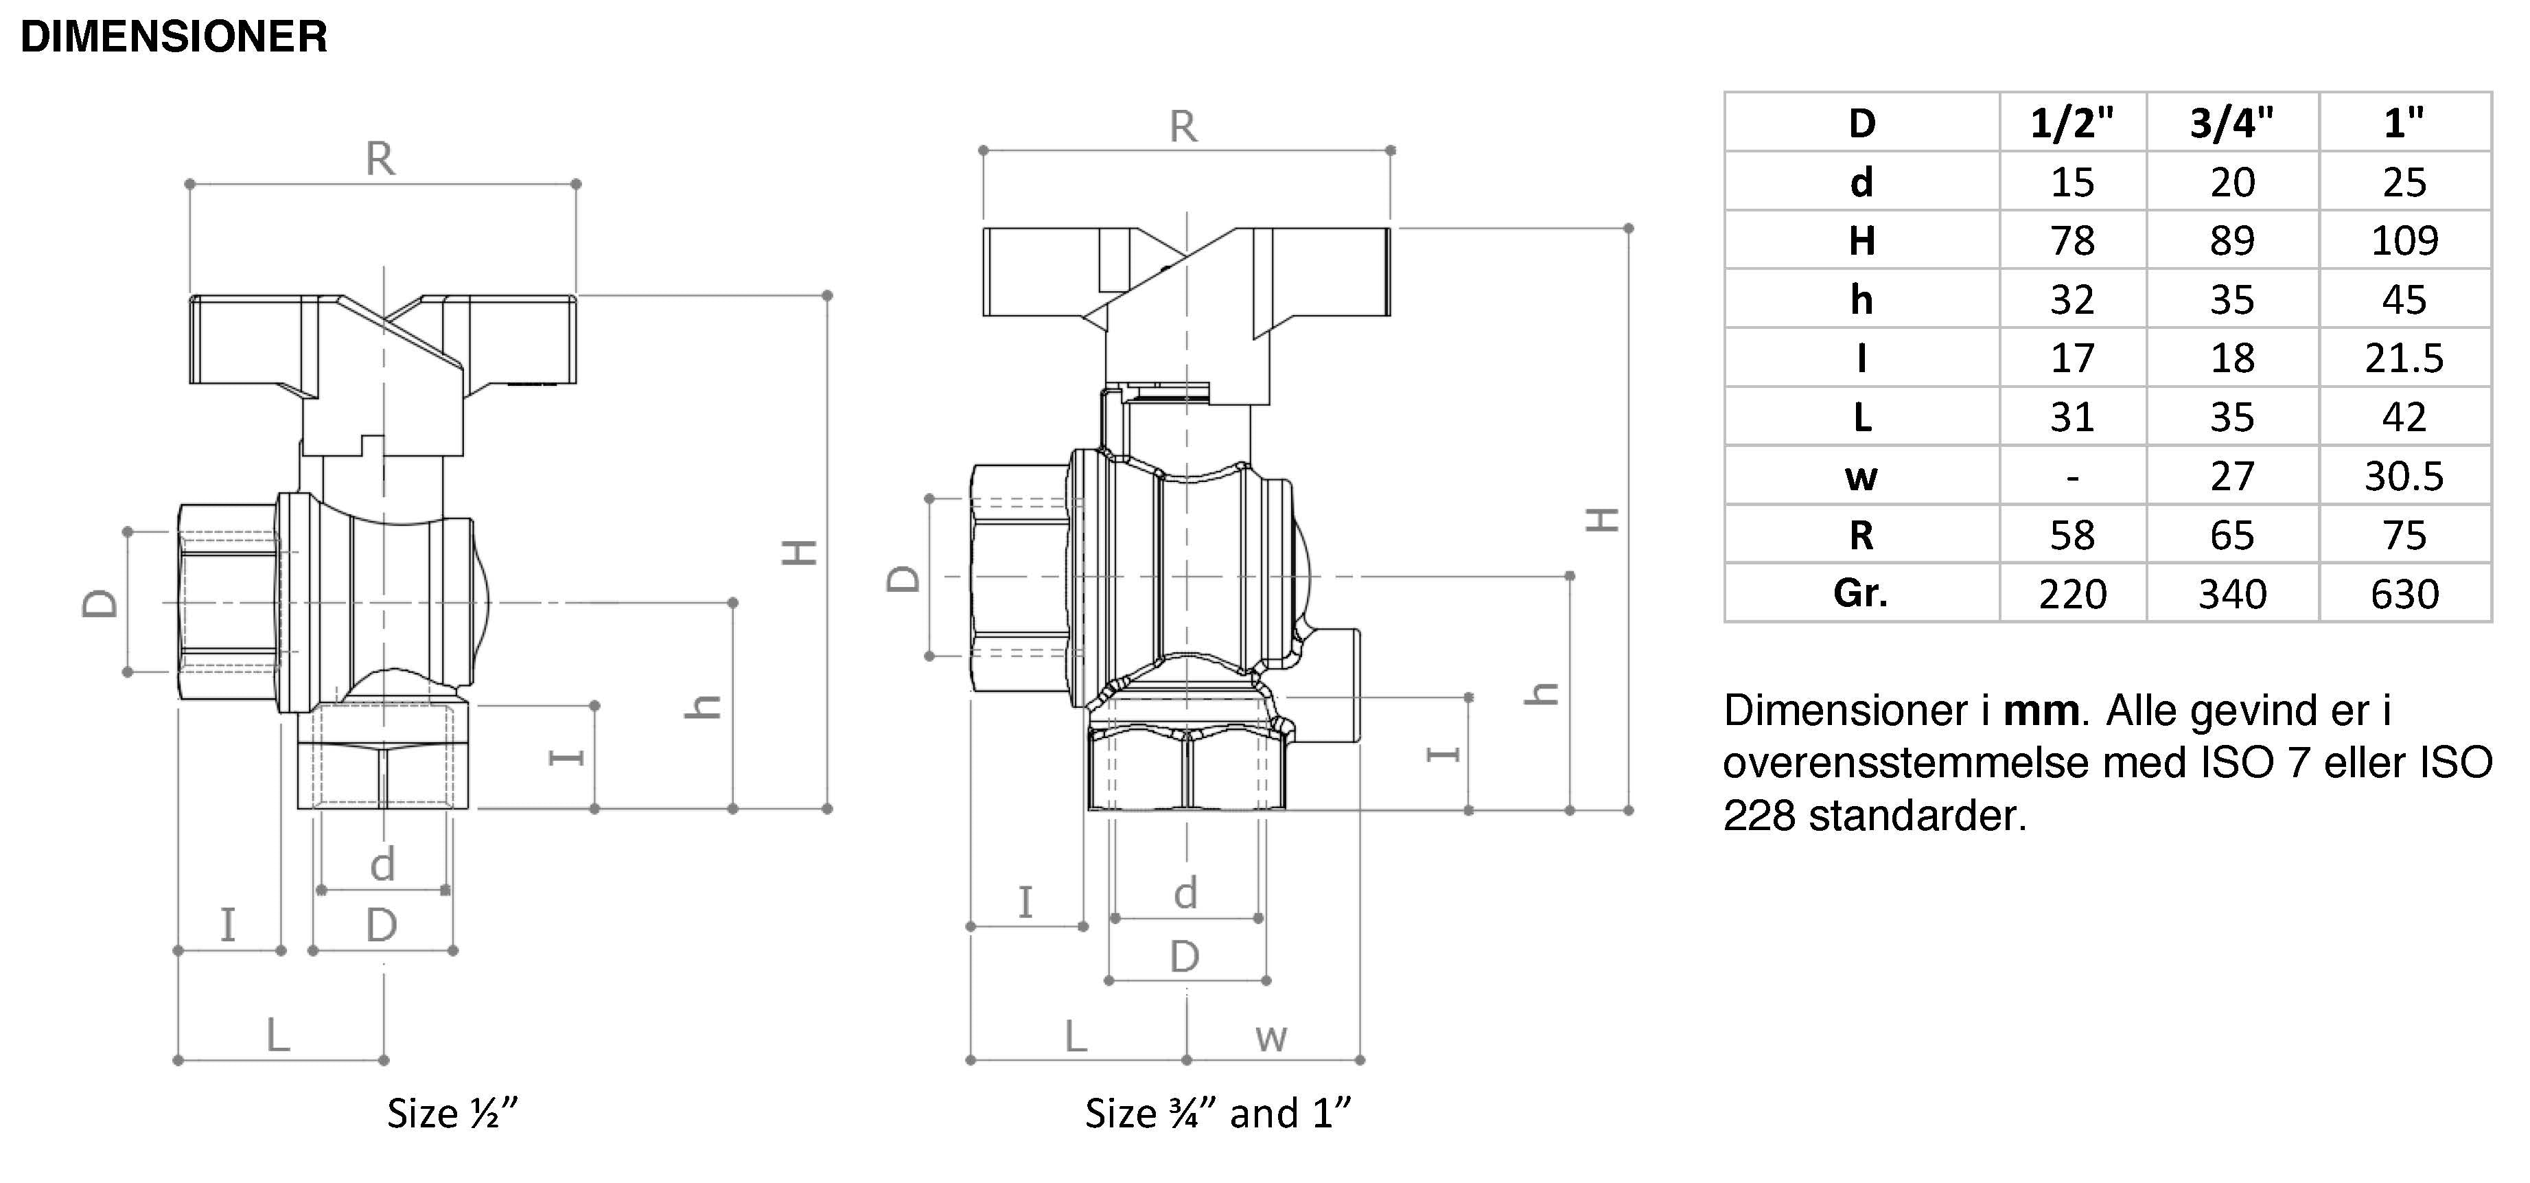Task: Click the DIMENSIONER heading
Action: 174,37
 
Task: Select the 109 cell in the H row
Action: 2404,241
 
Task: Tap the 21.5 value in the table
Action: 2404,358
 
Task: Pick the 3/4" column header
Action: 2231,123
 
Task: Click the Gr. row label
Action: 1861,593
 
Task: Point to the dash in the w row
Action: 2072,477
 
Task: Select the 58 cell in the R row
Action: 2072,536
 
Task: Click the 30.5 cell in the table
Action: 2404,476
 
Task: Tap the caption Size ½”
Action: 452,1113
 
